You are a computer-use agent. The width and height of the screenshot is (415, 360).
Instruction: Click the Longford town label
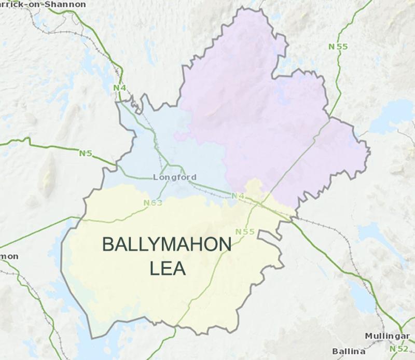[175, 177]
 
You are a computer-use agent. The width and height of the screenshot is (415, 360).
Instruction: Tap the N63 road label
[153, 203]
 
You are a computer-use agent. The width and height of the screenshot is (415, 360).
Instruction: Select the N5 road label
[86, 154]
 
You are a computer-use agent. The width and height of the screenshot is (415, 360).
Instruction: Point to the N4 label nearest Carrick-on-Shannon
[120, 88]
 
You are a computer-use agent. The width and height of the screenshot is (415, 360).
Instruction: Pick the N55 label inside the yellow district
[245, 231]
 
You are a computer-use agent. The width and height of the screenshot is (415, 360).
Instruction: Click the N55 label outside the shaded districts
[338, 47]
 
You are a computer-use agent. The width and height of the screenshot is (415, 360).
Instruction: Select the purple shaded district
[259, 104]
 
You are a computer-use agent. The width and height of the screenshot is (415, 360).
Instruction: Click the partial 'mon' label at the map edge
[9, 256]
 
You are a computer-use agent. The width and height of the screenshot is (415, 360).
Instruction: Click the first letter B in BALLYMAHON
[107, 245]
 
